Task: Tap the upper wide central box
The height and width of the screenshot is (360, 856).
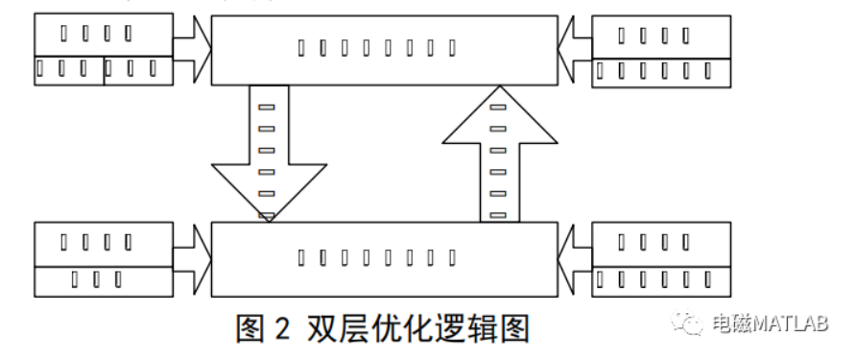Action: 385,47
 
